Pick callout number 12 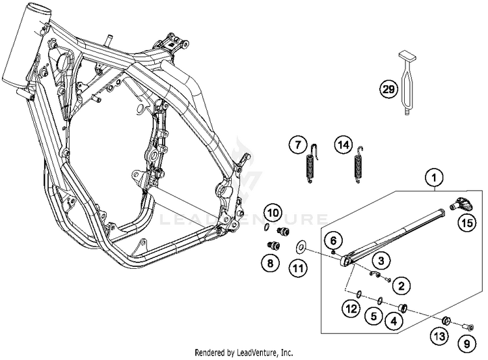click(x=351, y=309)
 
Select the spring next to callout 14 click(x=358, y=169)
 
